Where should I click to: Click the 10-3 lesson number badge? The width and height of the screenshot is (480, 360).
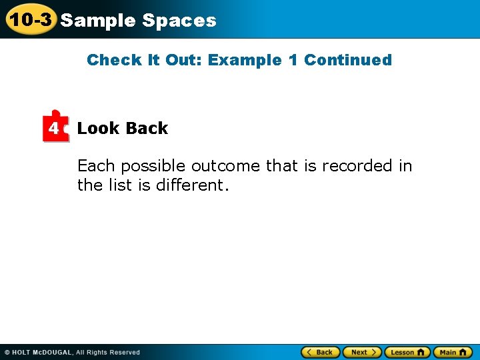(29, 19)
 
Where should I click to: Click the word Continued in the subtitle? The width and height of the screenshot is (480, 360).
(347, 60)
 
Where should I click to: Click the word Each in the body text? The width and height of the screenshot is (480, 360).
(96, 165)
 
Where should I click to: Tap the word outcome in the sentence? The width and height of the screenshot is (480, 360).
(226, 165)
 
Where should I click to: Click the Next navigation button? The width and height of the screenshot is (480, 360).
(363, 352)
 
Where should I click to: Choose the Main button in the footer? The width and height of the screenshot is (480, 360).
(452, 352)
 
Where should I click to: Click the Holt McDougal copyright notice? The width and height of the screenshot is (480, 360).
(72, 352)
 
